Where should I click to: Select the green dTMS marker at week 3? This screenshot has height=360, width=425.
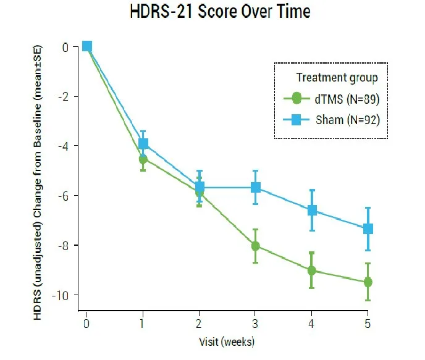[x=256, y=246]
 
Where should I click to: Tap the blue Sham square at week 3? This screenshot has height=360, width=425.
[x=256, y=187]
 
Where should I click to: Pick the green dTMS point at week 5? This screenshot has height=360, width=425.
[x=368, y=282]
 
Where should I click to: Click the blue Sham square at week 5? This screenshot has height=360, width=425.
[x=368, y=228]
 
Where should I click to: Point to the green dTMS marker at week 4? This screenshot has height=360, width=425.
[x=311, y=270]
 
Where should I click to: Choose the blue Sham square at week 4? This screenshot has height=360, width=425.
[x=312, y=210]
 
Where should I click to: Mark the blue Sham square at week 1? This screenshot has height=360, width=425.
[x=143, y=144]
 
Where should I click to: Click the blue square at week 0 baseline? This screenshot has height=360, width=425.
[x=87, y=46]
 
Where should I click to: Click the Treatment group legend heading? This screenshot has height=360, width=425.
[x=337, y=77]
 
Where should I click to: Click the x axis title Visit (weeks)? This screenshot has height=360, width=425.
[x=227, y=341]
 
